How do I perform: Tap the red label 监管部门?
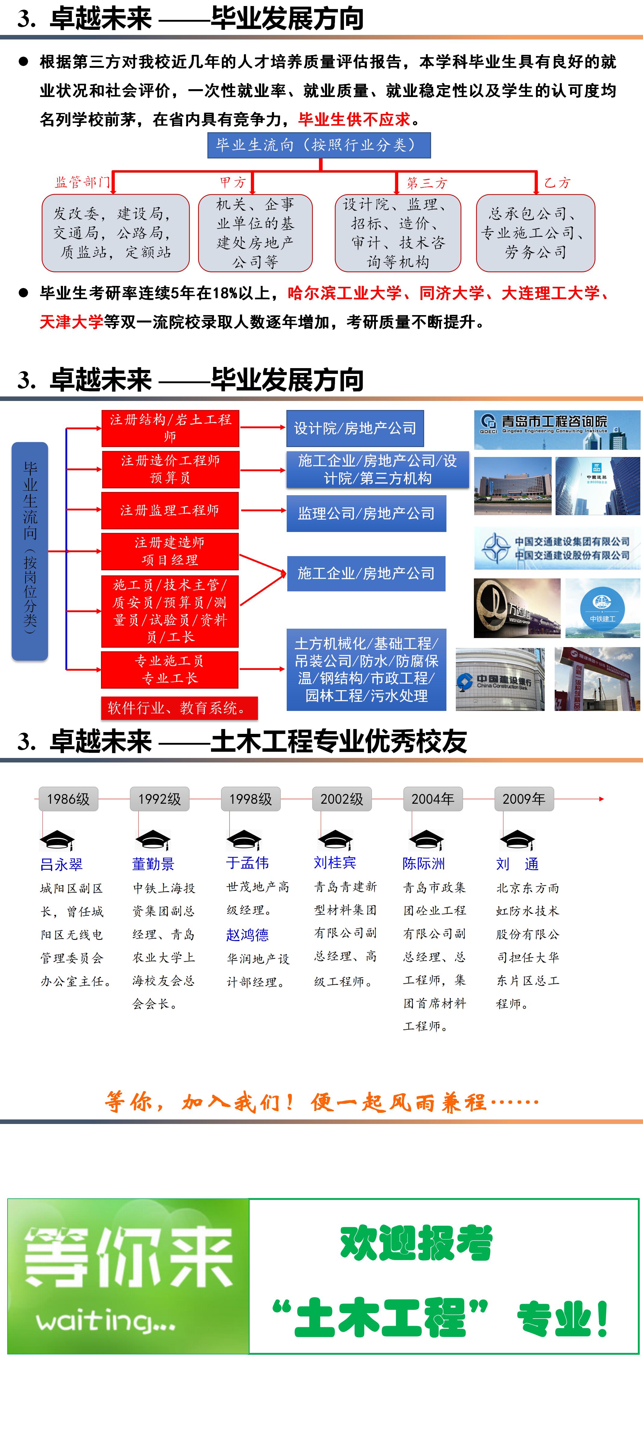(x=82, y=182)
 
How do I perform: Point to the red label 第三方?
(x=427, y=183)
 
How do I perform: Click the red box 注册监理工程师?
(x=170, y=510)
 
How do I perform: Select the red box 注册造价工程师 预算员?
(x=170, y=469)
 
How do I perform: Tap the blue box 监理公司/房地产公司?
(x=366, y=513)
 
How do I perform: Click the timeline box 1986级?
(x=68, y=799)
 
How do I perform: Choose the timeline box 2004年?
(x=432, y=799)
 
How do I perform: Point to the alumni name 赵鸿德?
(x=247, y=934)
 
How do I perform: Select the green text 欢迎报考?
(x=416, y=1243)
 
